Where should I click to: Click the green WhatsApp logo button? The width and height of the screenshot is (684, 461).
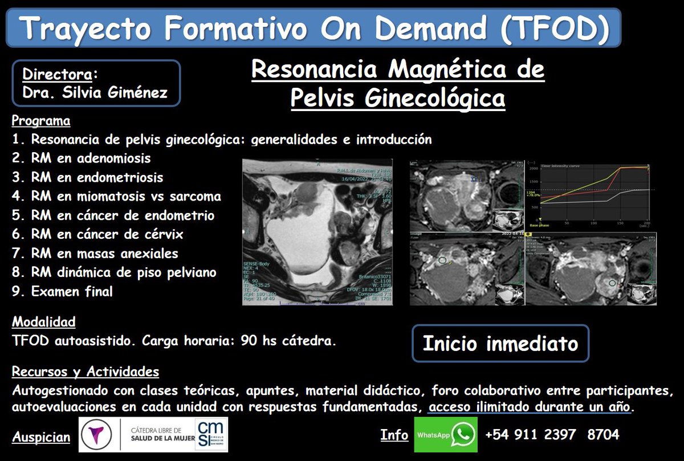(446, 435)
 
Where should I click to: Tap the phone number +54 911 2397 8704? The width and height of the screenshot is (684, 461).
(552, 435)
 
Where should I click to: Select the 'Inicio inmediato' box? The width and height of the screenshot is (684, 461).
(500, 344)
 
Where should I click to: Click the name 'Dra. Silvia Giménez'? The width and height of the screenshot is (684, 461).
(95, 92)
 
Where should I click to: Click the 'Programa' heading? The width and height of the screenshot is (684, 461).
(41, 121)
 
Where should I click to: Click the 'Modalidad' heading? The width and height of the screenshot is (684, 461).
(44, 322)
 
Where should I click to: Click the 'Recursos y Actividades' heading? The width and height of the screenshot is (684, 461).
(85, 372)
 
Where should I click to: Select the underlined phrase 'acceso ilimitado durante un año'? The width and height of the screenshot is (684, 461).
(530, 408)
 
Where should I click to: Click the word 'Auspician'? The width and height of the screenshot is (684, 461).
(41, 438)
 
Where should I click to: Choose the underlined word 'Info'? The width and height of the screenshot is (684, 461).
(394, 435)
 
